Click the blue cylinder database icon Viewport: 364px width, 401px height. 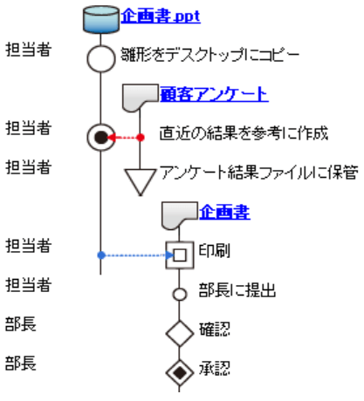pos(101,19)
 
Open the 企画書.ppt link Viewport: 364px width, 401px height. pos(161,17)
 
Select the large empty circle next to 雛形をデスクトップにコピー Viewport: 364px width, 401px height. pos(101,58)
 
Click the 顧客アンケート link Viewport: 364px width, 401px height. pos(214,94)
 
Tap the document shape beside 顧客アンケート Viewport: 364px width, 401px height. pos(140,98)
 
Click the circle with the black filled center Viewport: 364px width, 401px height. pos(101,138)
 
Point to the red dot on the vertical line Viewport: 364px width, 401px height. pos(141,138)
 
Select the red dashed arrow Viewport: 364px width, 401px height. pos(124,138)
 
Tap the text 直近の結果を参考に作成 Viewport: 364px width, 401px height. pos(244,133)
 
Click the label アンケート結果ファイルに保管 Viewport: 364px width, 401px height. pos(259,173)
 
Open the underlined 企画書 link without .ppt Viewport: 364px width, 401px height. pos(224,212)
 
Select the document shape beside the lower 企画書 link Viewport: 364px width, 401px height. pos(180,216)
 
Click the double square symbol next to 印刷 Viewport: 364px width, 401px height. pos(180,255)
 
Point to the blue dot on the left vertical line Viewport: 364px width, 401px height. pos(101,255)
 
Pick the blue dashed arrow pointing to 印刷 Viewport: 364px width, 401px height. pos(135,255)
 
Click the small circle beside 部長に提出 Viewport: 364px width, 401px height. pos(180,295)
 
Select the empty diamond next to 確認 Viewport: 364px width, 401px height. pos(180,333)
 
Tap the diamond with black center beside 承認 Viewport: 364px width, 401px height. pos(180,373)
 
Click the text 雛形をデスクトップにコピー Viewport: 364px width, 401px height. pos(210,55)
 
